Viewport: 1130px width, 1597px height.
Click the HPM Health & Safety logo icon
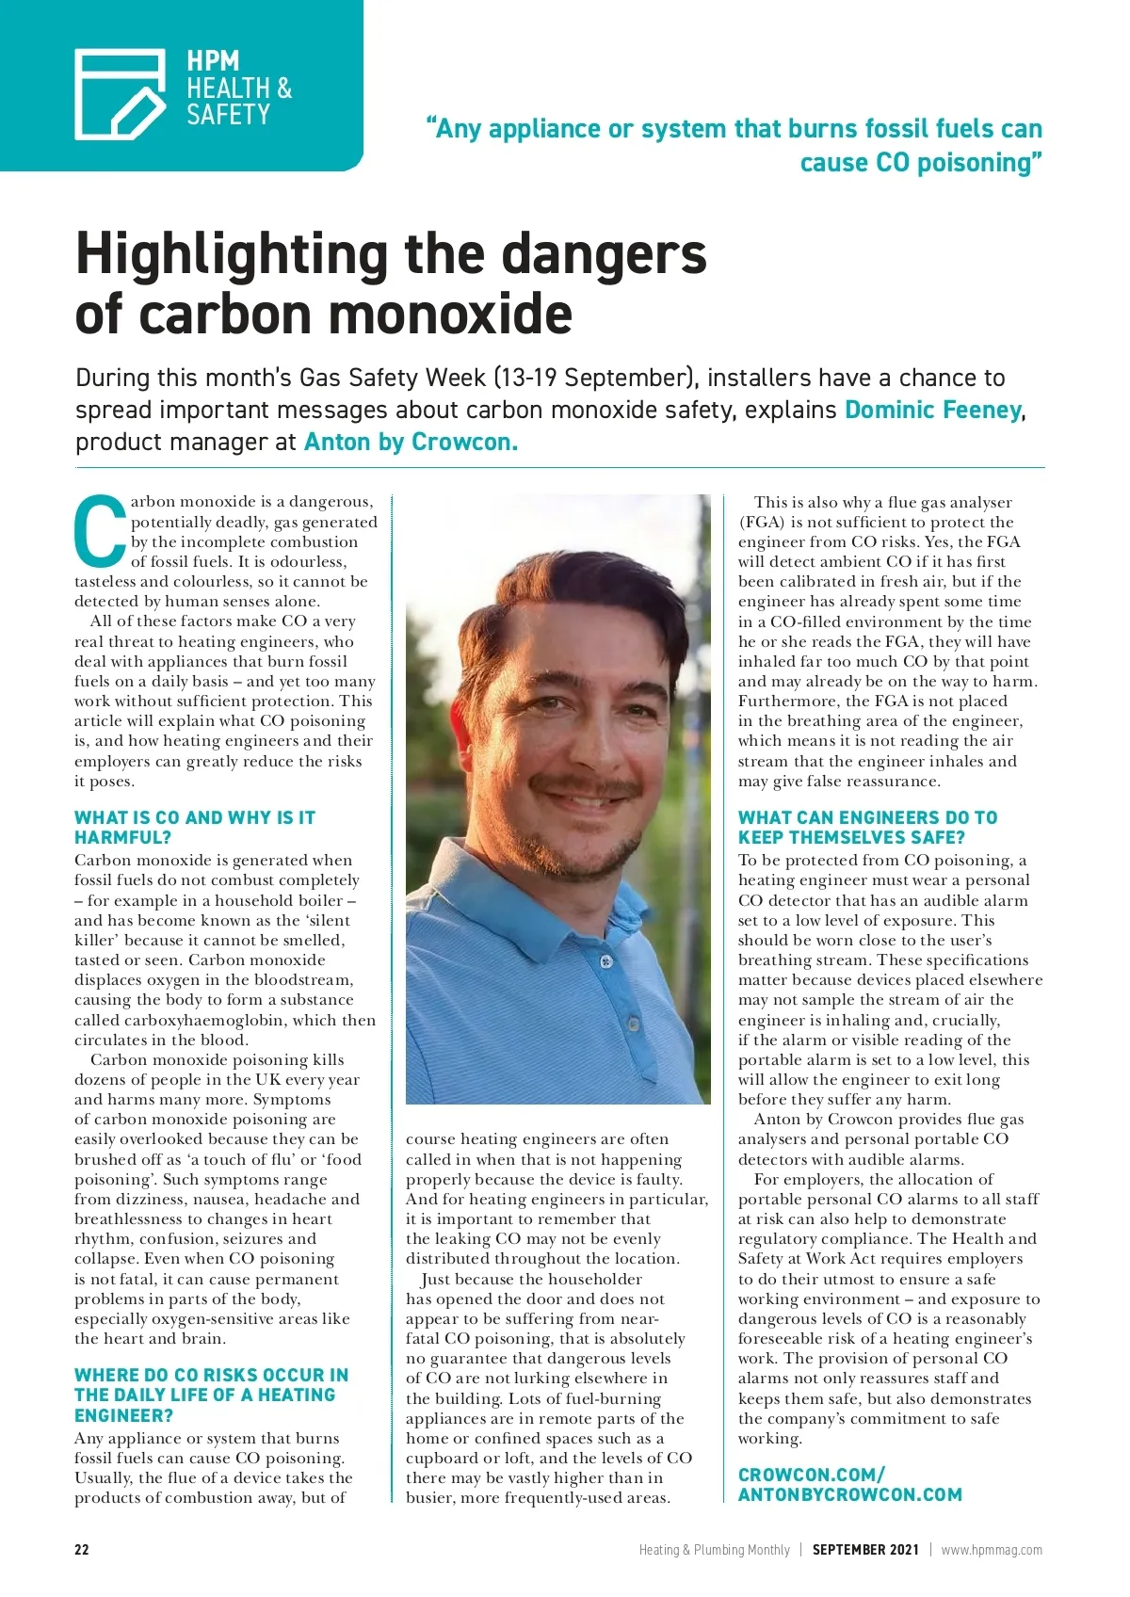tap(121, 92)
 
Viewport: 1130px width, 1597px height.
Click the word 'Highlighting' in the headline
tap(231, 254)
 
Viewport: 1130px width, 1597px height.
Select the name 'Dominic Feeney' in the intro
tap(932, 411)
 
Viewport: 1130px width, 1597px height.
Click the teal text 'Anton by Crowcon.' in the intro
tap(411, 443)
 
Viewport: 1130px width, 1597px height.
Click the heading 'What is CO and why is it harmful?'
tap(195, 827)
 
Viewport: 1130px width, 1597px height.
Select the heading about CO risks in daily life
tap(211, 1395)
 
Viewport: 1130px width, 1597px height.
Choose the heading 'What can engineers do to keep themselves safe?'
tap(867, 827)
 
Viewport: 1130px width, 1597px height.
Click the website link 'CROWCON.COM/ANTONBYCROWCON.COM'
tap(849, 1484)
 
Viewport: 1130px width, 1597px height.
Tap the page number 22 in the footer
tap(82, 1549)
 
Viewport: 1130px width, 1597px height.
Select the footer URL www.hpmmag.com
tap(992, 1549)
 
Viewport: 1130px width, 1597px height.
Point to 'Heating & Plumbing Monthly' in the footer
tap(714, 1549)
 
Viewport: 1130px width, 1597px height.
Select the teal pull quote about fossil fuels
tap(734, 145)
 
